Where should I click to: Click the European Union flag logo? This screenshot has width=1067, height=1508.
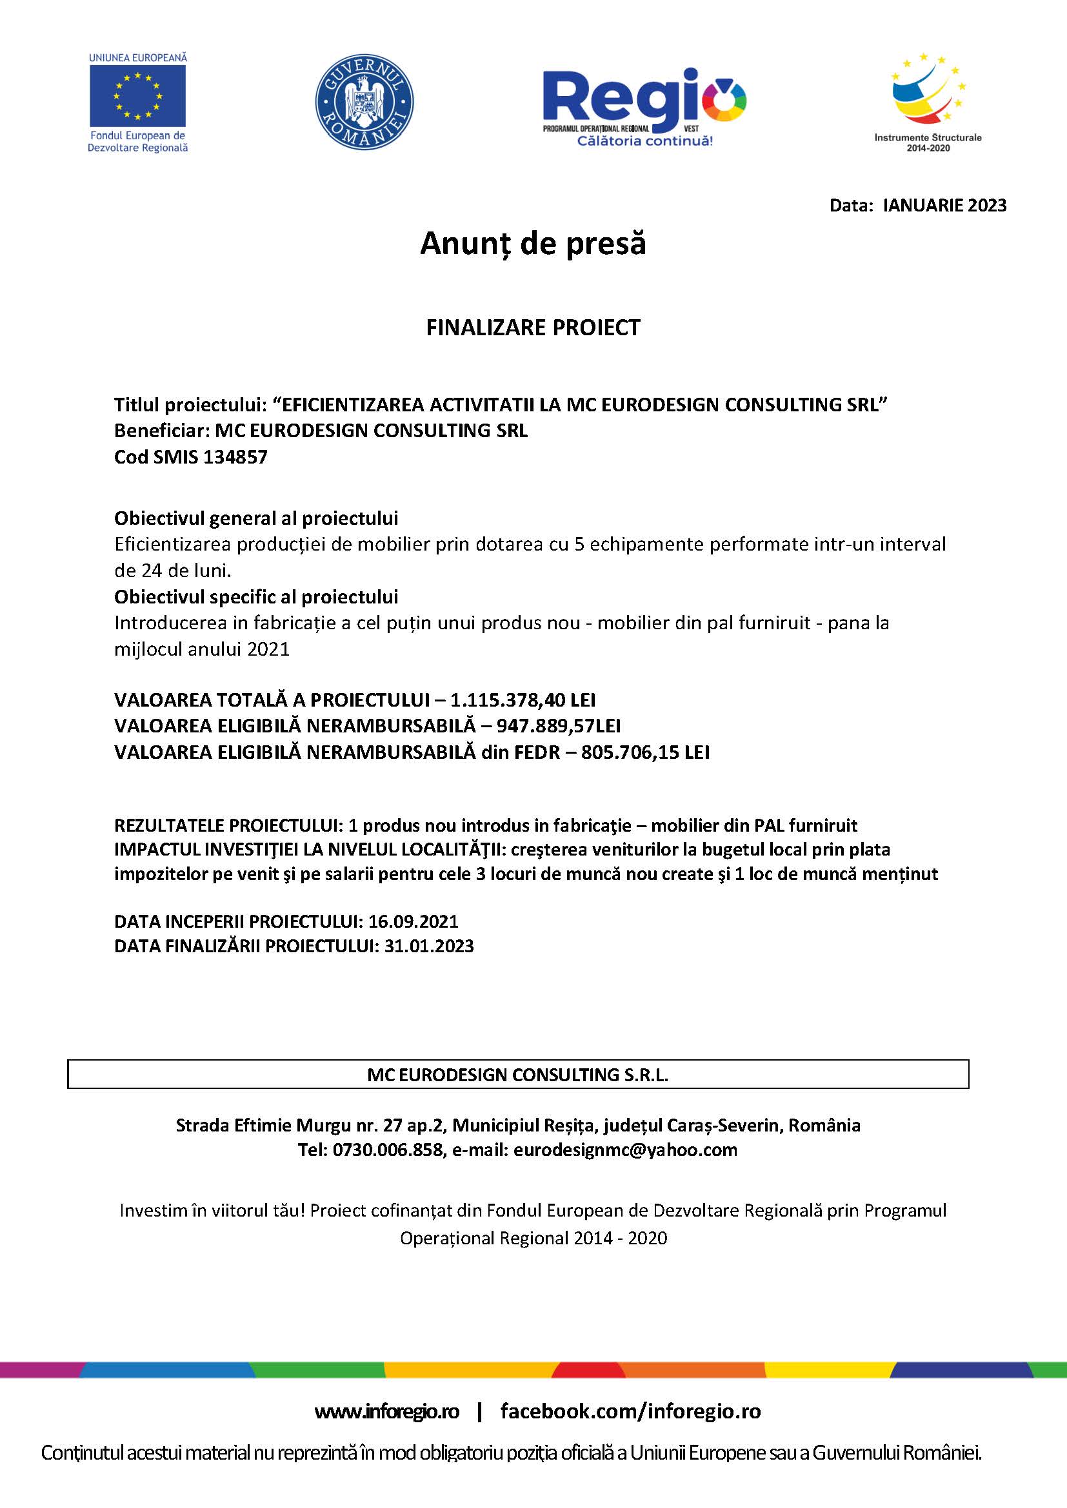coord(137,96)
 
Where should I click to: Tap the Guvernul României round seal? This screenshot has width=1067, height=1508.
coord(364,102)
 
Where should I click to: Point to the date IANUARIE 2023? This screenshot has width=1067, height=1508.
coord(944,206)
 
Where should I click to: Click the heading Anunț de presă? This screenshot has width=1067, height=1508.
coord(533,244)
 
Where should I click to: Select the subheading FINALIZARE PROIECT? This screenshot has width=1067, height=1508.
coord(533,327)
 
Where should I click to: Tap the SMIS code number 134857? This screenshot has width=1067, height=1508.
coord(235,457)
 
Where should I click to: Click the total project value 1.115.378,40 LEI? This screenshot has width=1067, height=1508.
coord(523,700)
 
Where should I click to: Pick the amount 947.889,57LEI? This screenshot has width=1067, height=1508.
coord(558,726)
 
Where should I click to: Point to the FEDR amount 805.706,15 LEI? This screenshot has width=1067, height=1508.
coord(644,752)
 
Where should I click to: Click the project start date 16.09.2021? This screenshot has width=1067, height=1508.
coord(413,921)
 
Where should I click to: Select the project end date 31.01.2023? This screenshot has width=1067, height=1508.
coord(428,946)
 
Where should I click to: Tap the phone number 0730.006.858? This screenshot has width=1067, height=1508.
coord(388,1150)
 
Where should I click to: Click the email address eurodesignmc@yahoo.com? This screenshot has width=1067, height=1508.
coord(625,1150)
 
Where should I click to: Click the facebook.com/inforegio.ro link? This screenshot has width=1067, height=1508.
coord(630,1411)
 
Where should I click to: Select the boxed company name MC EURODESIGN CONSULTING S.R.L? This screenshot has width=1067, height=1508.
coord(518,1075)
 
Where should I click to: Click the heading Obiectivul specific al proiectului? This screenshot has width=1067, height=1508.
coord(256,597)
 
